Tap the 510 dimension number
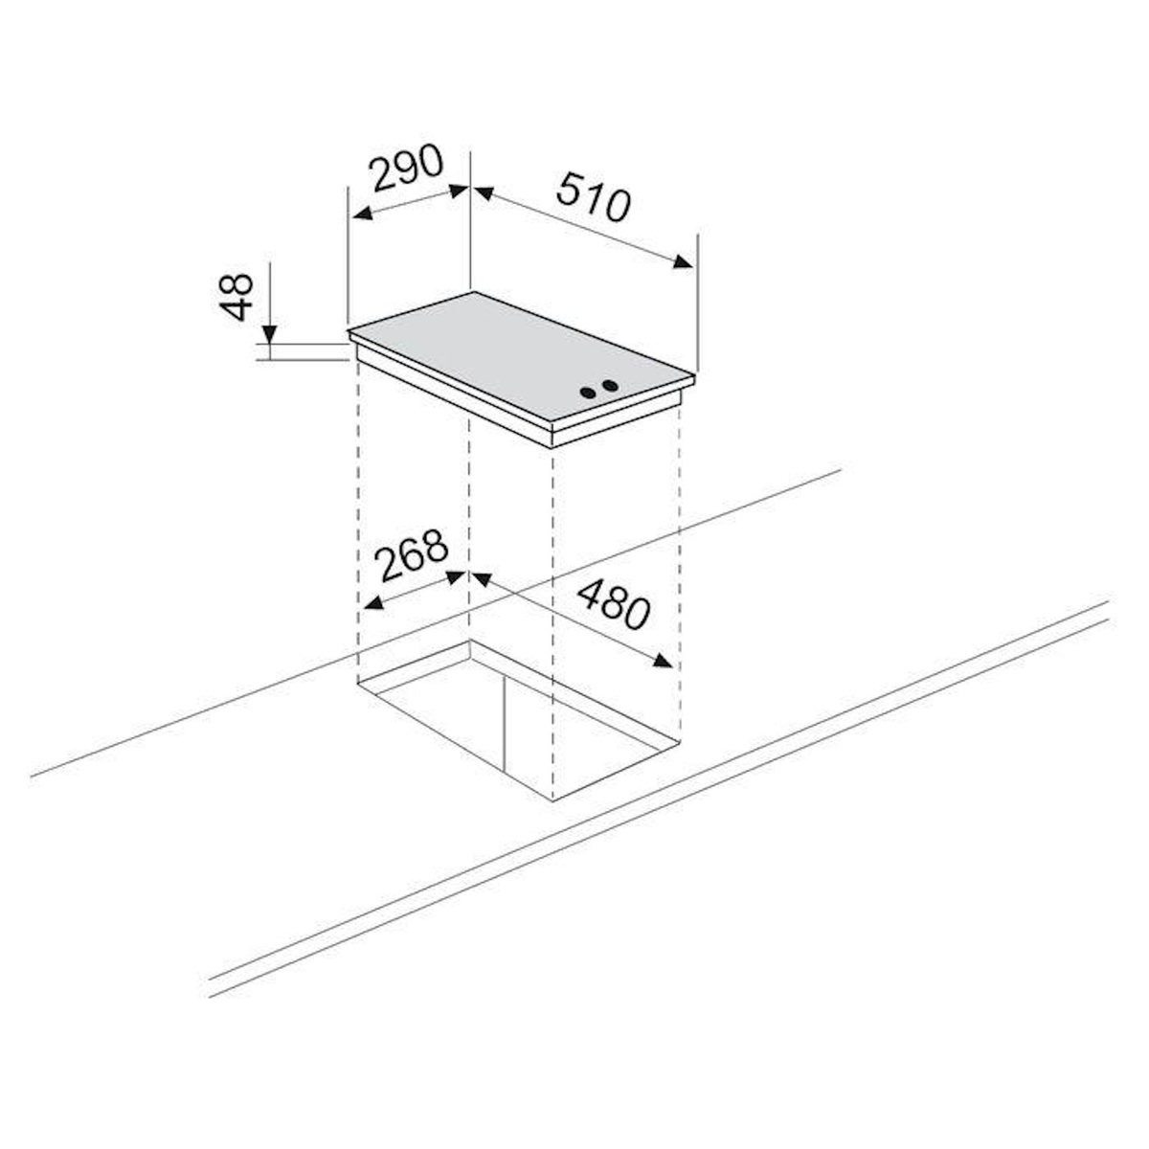pos(594,196)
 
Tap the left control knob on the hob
pos(589,393)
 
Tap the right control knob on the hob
pos(610,386)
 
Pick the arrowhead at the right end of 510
pos(684,261)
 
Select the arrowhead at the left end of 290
pos(363,213)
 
